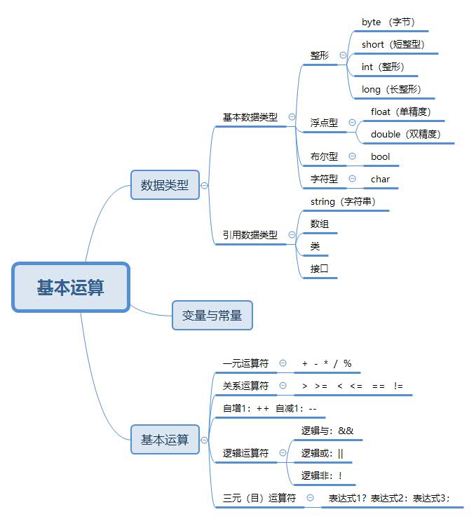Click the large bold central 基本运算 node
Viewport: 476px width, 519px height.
point(71,288)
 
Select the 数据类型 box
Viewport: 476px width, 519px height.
point(165,185)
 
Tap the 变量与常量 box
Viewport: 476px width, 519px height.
point(212,316)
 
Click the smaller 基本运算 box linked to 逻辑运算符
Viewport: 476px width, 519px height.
point(165,440)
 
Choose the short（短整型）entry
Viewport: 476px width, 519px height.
point(393,45)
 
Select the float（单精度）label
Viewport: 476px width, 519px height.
point(400,112)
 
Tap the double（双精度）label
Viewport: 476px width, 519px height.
point(406,134)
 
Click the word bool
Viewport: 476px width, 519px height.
point(381,156)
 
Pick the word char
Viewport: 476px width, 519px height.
point(381,179)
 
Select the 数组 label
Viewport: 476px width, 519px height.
point(320,224)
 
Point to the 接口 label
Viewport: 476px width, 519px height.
point(320,269)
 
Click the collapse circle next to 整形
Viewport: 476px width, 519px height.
point(343,55)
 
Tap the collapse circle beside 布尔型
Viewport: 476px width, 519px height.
point(352,156)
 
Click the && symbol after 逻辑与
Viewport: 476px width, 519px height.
point(346,431)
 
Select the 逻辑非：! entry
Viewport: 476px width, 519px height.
point(322,476)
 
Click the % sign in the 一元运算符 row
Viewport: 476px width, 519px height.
point(347,363)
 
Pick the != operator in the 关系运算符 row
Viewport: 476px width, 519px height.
point(398,386)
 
